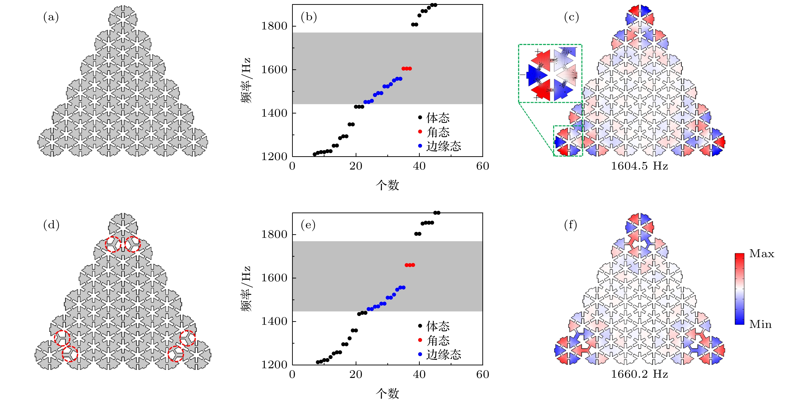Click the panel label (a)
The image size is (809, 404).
pos(51,17)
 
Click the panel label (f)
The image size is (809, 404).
pos(571,225)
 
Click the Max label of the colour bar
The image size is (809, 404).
pos(762,254)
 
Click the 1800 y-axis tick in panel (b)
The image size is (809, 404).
pos(274,26)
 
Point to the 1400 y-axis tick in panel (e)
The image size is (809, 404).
pos(274,321)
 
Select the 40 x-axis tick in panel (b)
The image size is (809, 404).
pos(419,166)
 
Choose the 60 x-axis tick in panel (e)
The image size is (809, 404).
pos(482,375)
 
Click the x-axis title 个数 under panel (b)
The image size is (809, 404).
pos(387,185)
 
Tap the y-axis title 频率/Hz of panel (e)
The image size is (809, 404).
pos(246,289)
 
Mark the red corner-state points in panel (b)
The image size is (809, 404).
pos(406,69)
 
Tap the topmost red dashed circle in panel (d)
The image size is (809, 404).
pos(113,244)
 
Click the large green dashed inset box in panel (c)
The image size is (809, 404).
pos(550,73)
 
